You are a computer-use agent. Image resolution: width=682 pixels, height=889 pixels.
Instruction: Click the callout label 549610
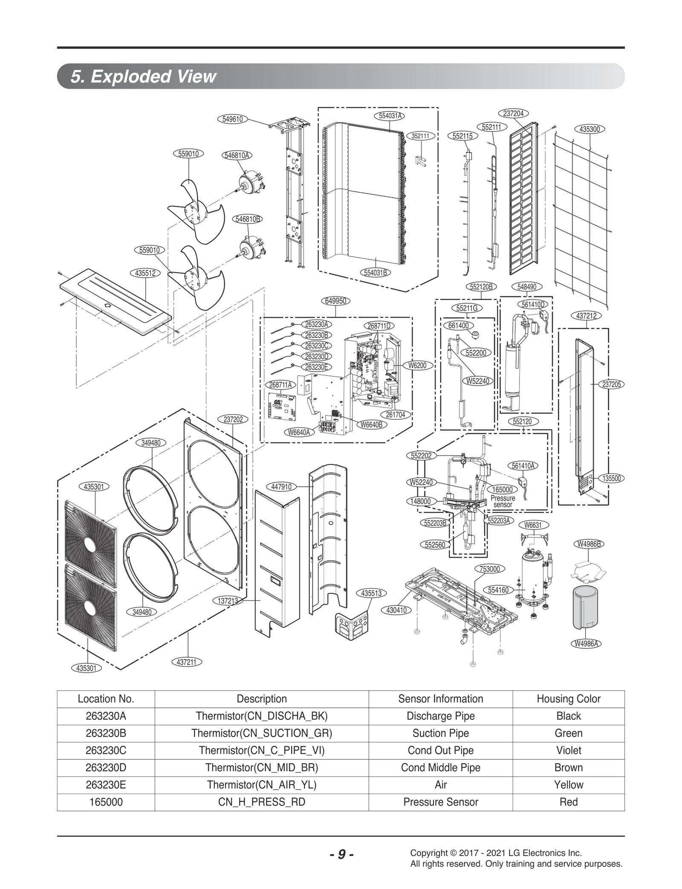233,119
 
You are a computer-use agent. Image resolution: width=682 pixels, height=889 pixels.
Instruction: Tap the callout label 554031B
376,273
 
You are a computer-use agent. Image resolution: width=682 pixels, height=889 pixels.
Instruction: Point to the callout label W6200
417,366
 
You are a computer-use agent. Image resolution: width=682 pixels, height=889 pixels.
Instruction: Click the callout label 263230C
317,346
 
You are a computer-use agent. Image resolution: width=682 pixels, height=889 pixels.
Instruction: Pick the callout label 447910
281,487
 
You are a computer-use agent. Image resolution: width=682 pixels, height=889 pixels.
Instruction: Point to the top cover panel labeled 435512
115,301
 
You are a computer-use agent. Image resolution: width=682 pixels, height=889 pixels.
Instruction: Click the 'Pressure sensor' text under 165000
503,501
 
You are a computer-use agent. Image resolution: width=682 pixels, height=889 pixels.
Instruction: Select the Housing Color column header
568,699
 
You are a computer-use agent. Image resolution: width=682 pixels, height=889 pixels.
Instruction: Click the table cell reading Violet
568,750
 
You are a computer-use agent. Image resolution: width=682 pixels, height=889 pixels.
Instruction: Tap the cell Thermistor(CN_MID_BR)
262,767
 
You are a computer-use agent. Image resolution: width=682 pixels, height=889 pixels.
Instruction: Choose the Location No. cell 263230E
106,784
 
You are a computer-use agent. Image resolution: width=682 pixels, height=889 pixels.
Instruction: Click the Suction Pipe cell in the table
440,733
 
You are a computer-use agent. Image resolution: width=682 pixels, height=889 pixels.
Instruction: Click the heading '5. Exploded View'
144,76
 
